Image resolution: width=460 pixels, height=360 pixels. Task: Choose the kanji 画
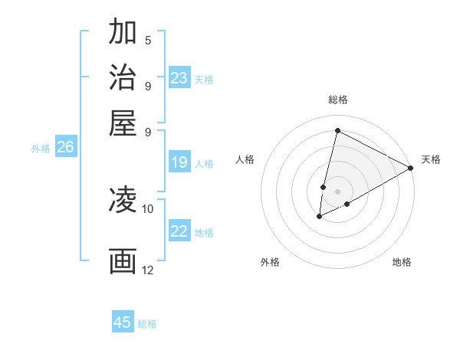click(123, 261)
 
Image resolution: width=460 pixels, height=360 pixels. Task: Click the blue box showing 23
click(179, 78)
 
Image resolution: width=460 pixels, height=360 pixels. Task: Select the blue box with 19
click(179, 162)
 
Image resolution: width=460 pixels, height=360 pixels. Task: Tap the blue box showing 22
click(179, 231)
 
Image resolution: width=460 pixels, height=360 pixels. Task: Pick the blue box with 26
click(65, 148)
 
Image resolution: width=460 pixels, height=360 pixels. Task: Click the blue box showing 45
click(123, 322)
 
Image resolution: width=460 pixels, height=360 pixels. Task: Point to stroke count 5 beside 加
click(147, 41)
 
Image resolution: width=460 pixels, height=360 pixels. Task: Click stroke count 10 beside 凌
click(147, 208)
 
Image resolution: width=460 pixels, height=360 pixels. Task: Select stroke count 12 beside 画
click(147, 270)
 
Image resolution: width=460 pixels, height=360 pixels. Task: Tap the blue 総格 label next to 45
click(147, 324)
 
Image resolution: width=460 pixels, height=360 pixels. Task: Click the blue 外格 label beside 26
click(41, 149)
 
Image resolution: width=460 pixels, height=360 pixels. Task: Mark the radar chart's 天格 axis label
click(431, 159)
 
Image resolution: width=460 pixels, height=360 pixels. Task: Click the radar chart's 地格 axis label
click(402, 262)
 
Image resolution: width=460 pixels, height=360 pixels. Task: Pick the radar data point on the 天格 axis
click(411, 169)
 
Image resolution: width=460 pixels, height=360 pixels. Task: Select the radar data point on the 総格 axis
click(337, 130)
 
